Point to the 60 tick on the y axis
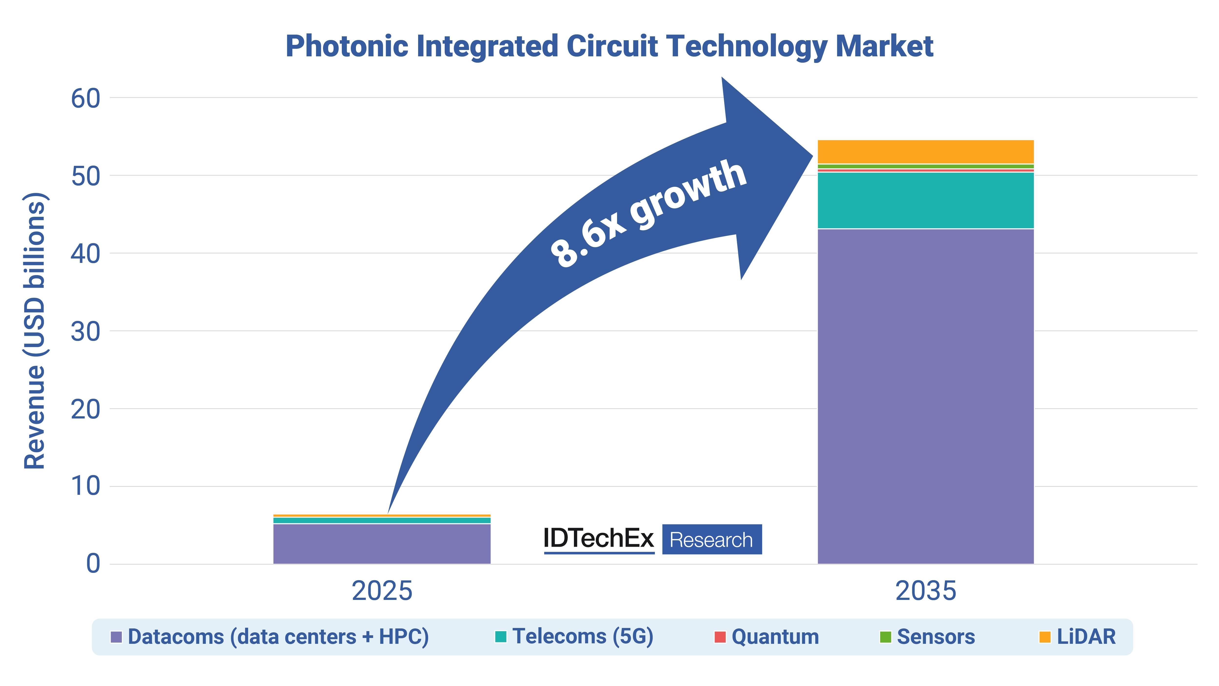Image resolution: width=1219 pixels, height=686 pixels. click(86, 99)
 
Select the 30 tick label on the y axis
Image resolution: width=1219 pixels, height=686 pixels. click(86, 332)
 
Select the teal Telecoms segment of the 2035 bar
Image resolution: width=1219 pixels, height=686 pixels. click(926, 200)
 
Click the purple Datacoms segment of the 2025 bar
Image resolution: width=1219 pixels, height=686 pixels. click(382, 544)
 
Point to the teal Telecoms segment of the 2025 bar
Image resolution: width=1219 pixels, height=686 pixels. click(382, 520)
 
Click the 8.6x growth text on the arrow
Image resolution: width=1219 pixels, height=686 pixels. click(648, 213)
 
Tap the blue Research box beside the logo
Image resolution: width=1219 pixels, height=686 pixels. click(712, 539)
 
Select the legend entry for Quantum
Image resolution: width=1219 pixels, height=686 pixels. click(767, 637)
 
